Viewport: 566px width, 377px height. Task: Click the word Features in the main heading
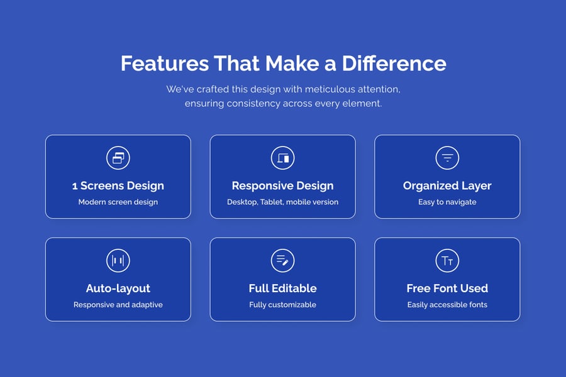pyautogui.click(x=165, y=63)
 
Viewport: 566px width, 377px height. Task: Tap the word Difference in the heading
pyautogui.click(x=394, y=63)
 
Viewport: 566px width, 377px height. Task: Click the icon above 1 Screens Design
pyautogui.click(x=118, y=158)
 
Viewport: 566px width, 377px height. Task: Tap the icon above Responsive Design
pyautogui.click(x=282, y=158)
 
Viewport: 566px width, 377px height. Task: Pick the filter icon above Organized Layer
pyautogui.click(x=447, y=158)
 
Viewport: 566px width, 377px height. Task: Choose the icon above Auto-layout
pyautogui.click(x=118, y=261)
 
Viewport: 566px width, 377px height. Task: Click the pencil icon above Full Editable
pyautogui.click(x=282, y=261)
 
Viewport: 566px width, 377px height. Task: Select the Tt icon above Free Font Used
pyautogui.click(x=447, y=261)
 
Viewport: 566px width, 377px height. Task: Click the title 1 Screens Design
pyautogui.click(x=118, y=186)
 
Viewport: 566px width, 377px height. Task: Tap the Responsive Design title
pyautogui.click(x=282, y=186)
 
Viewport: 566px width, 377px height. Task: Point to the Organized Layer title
pyautogui.click(x=447, y=186)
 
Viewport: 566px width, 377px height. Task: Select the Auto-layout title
pyautogui.click(x=118, y=288)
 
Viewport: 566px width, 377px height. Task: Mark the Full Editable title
pyautogui.click(x=282, y=288)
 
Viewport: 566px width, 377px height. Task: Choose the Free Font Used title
pyautogui.click(x=447, y=288)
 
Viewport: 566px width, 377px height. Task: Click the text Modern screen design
pyautogui.click(x=118, y=202)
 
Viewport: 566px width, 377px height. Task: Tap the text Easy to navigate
pyautogui.click(x=447, y=202)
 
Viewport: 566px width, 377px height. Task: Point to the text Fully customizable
pyautogui.click(x=282, y=305)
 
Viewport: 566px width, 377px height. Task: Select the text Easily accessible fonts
pyautogui.click(x=447, y=305)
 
